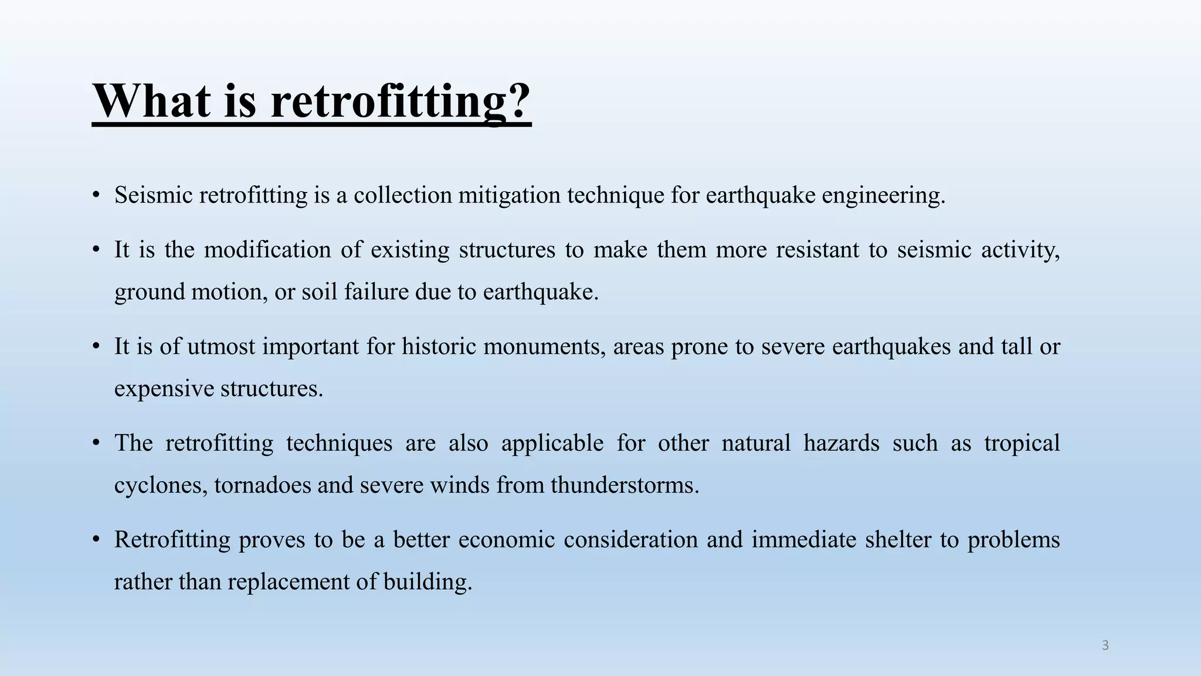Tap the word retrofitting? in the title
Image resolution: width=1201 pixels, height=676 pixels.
coord(401,101)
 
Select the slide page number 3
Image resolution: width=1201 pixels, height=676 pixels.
coord(1105,645)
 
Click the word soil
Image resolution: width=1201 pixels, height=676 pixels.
coord(320,292)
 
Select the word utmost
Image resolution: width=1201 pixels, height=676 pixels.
coord(221,347)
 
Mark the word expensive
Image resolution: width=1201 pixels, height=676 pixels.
coord(164,388)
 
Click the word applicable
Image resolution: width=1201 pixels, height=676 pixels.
coord(552,443)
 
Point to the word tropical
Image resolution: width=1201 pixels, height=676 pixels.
coord(1022,443)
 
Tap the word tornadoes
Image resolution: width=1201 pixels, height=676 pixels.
coord(262,485)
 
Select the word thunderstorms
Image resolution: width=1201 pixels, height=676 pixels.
coord(625,485)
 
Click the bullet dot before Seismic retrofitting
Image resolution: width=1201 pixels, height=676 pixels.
coord(96,195)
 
